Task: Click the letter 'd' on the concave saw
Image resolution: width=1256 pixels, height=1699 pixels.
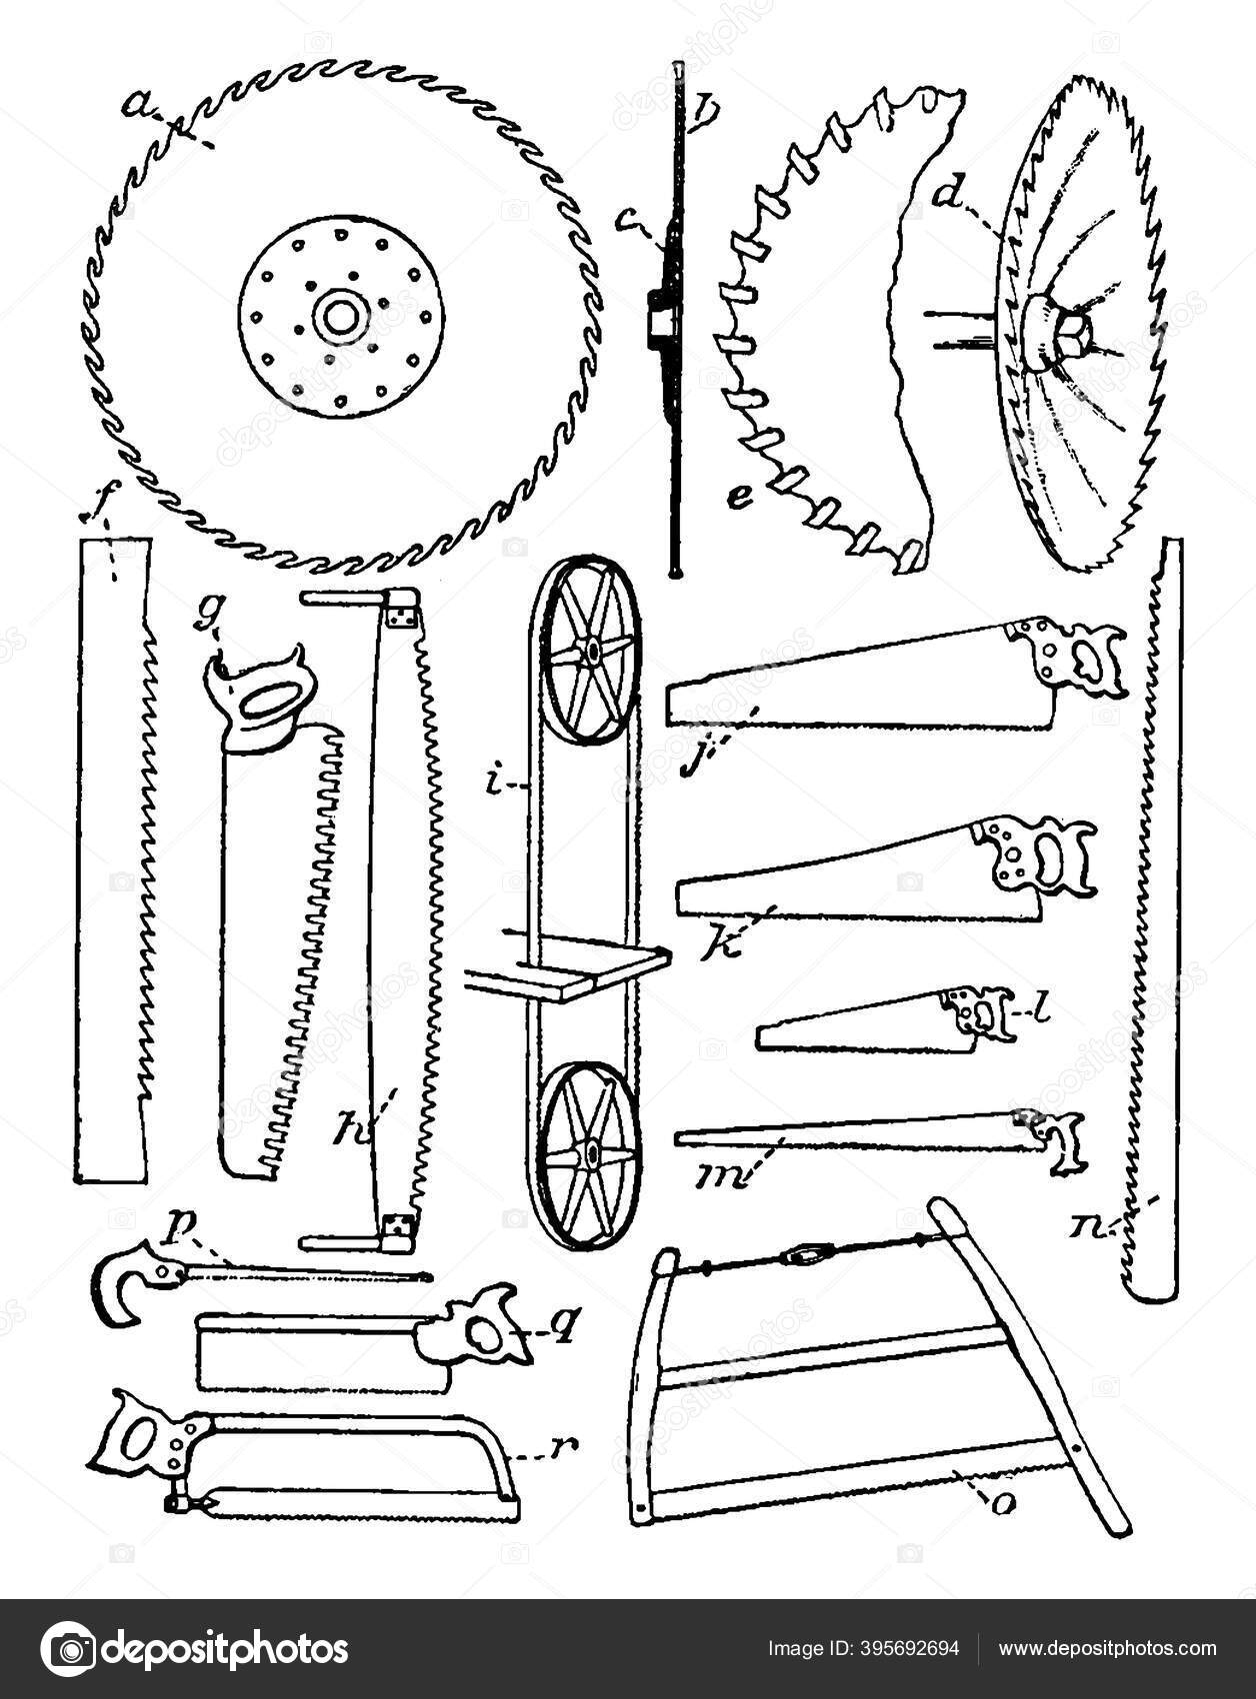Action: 942,195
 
